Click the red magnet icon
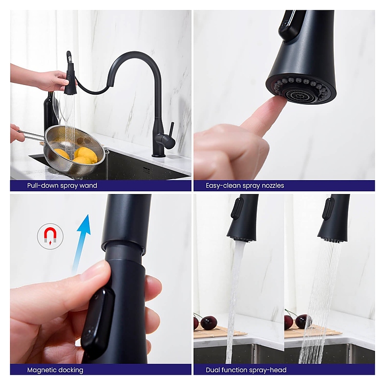[50, 236]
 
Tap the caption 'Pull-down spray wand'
[62, 186]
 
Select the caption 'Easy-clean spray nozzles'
[245, 186]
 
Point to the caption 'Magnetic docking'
[55, 370]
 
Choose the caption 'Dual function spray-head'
[246, 370]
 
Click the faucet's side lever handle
[172, 132]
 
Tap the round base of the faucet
[159, 155]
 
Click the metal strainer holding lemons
[74, 150]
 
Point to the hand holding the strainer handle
[17, 133]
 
